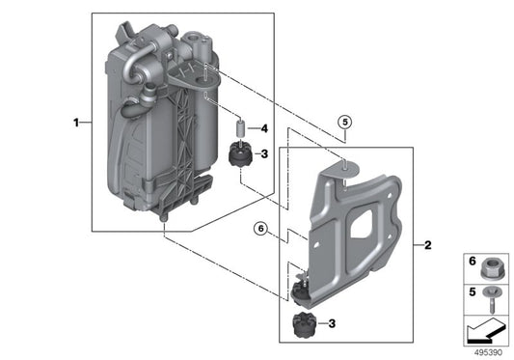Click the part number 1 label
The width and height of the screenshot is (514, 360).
pyautogui.click(x=75, y=123)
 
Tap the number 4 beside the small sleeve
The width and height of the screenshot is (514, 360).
pyautogui.click(x=264, y=128)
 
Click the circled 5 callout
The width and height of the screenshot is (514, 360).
pyautogui.click(x=345, y=123)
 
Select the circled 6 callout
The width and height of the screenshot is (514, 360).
pyautogui.click(x=259, y=229)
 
